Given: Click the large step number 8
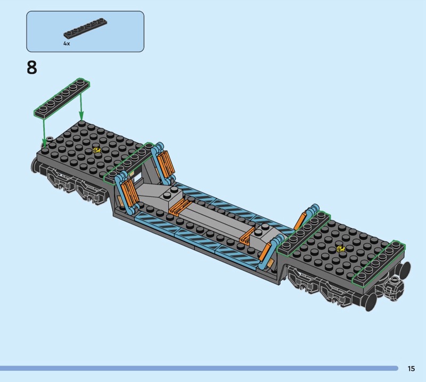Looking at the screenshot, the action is [x=32, y=68].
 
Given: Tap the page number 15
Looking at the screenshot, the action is [x=411, y=368].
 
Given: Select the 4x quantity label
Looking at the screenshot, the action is [x=67, y=44].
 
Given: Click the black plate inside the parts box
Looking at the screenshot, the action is [x=85, y=28].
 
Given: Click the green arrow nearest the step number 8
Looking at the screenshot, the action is [x=44, y=130].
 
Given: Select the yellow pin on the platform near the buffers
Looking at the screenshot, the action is [x=339, y=248].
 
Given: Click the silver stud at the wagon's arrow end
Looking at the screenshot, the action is [x=49, y=139].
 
